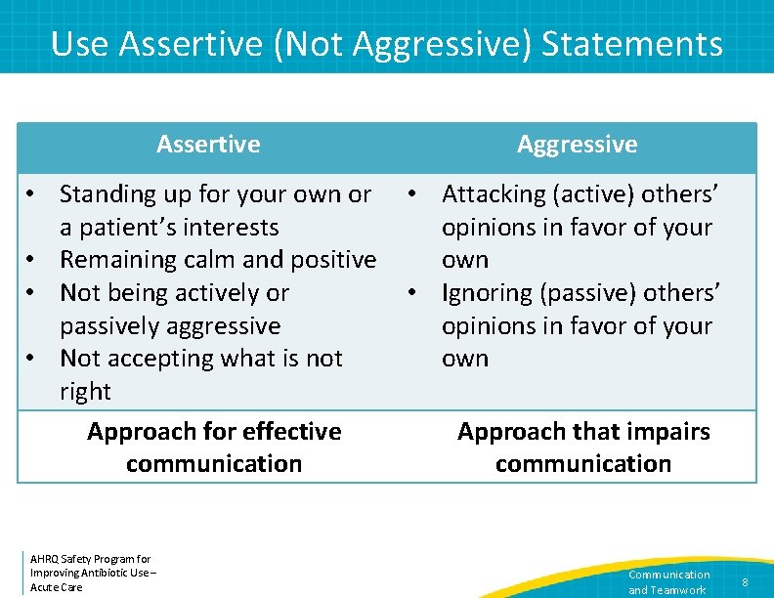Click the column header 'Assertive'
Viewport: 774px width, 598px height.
208,145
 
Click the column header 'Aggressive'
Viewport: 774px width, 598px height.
577,145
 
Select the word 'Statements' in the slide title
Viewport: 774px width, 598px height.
632,44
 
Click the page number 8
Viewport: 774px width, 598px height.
745,582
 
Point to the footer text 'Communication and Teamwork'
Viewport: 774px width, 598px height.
668,582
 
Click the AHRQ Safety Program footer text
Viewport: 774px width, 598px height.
93,573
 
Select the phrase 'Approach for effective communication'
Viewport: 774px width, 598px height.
214,448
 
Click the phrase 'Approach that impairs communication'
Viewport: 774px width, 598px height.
583,448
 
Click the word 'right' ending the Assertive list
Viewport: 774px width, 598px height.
85,392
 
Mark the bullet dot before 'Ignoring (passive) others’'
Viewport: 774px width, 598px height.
415,293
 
